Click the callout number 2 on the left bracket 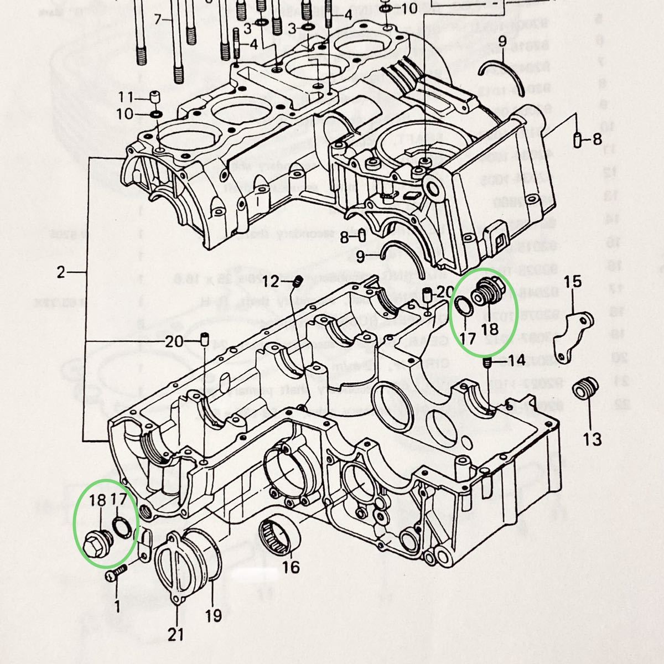pos(61,272)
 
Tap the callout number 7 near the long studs pos(158,20)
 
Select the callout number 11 pos(126,99)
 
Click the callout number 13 pos(592,439)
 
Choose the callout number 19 pos(214,615)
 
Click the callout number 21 pos(176,634)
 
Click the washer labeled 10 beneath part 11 pos(156,115)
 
